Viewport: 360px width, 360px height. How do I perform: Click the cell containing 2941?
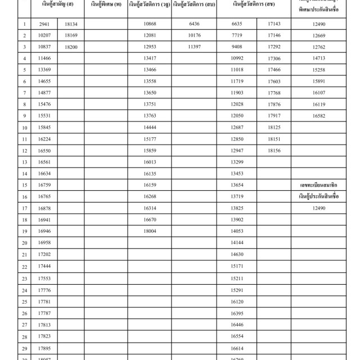[45, 24]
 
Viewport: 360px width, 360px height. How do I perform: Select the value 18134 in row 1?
[71, 24]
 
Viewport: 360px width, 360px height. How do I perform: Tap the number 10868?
[150, 24]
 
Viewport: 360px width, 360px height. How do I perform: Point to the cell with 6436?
[195, 24]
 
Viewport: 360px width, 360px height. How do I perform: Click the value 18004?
[150, 231]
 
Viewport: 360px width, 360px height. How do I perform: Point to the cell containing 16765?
[45, 196]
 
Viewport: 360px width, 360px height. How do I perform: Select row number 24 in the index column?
[25, 290]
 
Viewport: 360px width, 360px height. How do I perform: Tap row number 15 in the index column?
[25, 185]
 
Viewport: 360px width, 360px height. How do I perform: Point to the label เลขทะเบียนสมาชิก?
[318, 184]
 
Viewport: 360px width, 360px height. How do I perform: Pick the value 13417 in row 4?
[150, 58]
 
